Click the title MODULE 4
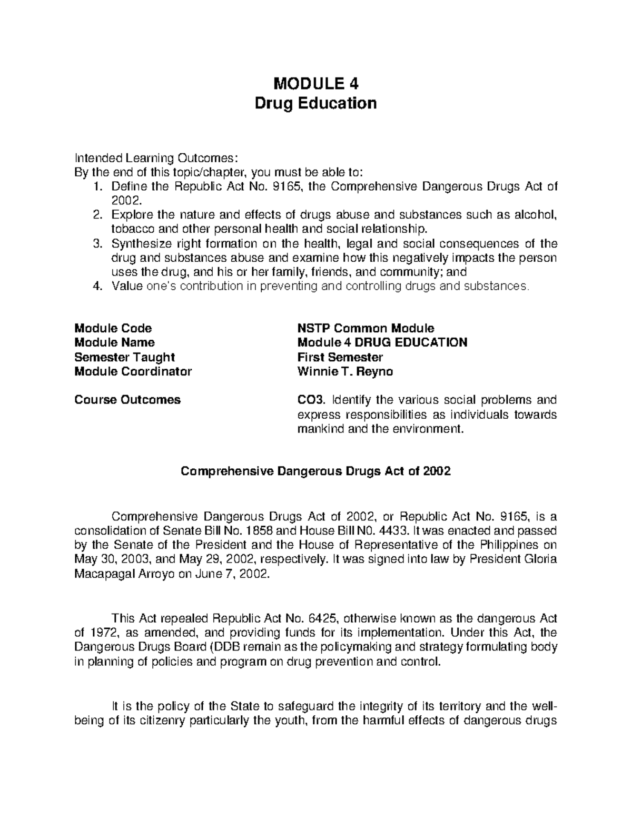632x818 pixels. tap(315, 84)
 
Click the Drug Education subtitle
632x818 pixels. tap(315, 103)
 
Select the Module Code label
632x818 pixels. tap(113, 328)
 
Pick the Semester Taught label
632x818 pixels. tap(124, 357)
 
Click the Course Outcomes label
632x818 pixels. tap(127, 400)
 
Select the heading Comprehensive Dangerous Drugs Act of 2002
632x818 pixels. tap(315, 471)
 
